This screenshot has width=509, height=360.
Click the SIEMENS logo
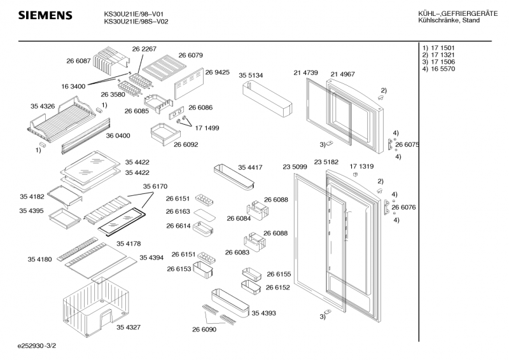[45, 15]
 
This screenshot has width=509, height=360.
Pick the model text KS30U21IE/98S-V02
[136, 21]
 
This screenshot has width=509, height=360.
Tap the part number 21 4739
[306, 74]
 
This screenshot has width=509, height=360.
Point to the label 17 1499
[207, 128]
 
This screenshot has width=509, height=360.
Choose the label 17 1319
[362, 167]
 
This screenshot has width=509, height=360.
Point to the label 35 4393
[263, 313]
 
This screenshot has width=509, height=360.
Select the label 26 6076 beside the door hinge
[403, 207]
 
